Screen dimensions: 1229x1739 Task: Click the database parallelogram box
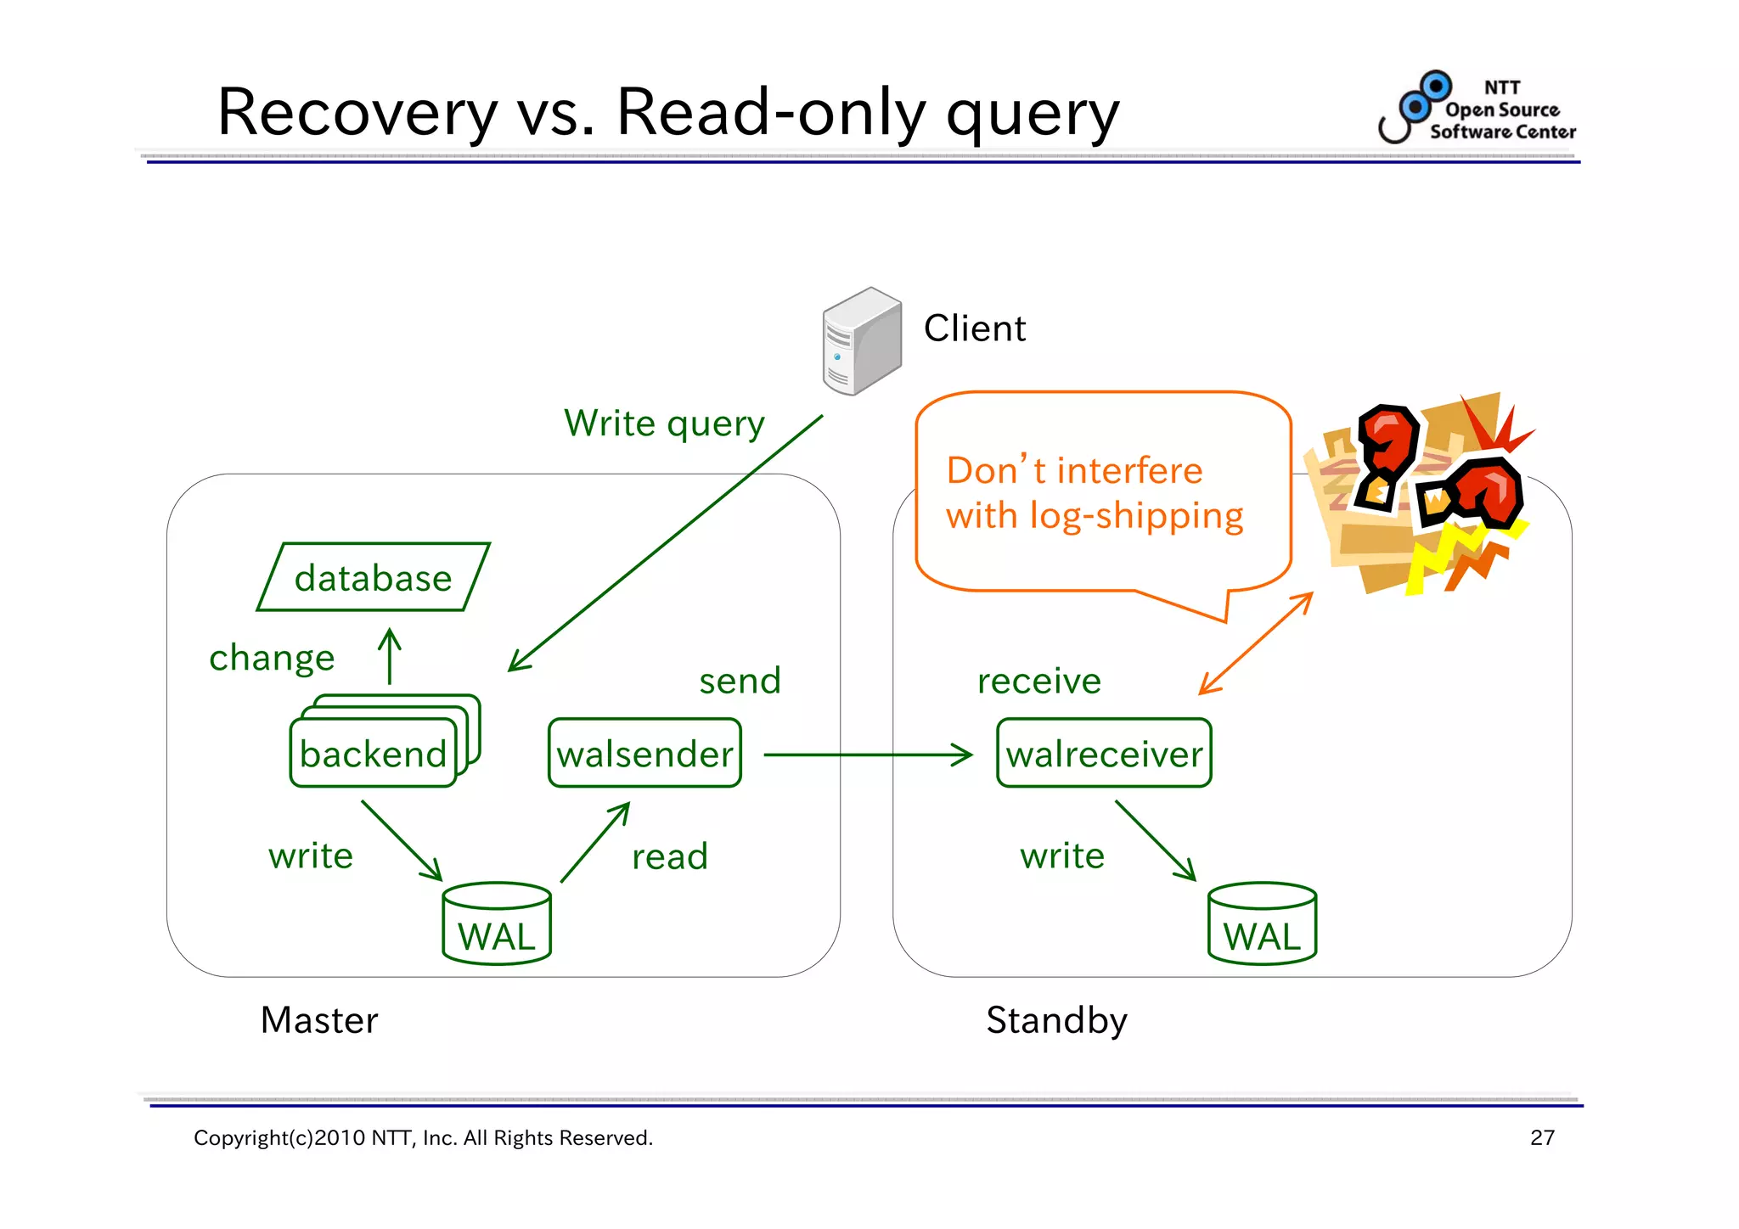(374, 577)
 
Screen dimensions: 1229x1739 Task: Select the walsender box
(644, 753)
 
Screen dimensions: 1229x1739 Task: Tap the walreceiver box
(1104, 753)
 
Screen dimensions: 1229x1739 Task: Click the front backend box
(374, 754)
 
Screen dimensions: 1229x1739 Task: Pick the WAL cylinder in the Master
(497, 924)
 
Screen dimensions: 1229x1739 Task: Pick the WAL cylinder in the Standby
(1262, 924)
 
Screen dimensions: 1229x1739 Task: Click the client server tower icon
(861, 341)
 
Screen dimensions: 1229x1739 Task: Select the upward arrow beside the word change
(390, 656)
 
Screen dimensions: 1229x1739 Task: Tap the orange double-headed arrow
(1256, 643)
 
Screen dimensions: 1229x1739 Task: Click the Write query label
(664, 423)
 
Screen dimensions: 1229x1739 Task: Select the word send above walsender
(740, 681)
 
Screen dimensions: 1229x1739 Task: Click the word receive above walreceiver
(1038, 681)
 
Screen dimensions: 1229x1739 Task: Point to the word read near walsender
(669, 856)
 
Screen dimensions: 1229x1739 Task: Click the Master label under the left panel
(319, 1020)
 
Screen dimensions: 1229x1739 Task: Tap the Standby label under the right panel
(1056, 1020)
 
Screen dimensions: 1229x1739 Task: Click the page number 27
(1542, 1137)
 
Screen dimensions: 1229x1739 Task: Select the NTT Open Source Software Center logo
(1478, 109)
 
